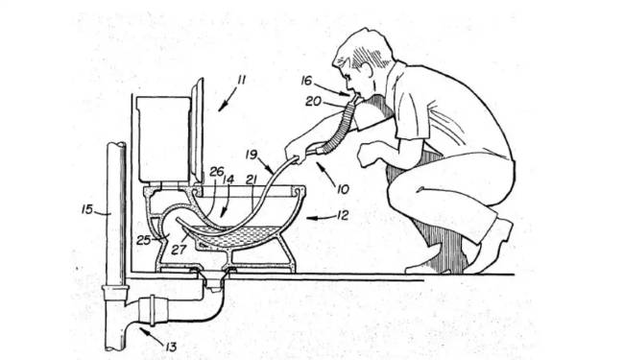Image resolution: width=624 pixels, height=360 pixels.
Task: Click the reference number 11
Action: pyautogui.click(x=241, y=81)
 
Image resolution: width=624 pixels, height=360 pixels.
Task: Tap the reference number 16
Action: pyautogui.click(x=306, y=81)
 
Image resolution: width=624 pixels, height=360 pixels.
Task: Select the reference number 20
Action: pyautogui.click(x=313, y=102)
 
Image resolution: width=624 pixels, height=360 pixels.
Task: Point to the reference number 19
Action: pyautogui.click(x=252, y=155)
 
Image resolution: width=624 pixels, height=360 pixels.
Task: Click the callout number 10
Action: pyautogui.click(x=343, y=189)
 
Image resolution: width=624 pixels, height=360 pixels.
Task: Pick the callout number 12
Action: pyautogui.click(x=343, y=215)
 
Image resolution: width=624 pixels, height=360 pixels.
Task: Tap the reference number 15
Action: pyautogui.click(x=87, y=209)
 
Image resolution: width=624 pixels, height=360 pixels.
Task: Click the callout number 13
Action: pyautogui.click(x=170, y=347)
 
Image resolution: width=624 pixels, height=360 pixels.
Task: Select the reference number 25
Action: pyautogui.click(x=143, y=240)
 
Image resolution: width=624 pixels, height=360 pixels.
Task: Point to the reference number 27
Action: pyautogui.click(x=179, y=250)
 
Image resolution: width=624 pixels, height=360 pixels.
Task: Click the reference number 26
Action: pyautogui.click(x=217, y=172)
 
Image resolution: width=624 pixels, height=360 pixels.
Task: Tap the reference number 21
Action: pyautogui.click(x=252, y=180)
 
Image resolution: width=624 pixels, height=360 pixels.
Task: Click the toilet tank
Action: pyautogui.click(x=163, y=139)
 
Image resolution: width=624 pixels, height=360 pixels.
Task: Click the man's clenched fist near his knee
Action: pyautogui.click(x=369, y=156)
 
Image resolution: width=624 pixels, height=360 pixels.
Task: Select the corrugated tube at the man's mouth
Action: pyautogui.click(x=343, y=123)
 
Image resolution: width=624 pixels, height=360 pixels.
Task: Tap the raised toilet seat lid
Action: pyautogui.click(x=198, y=130)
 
